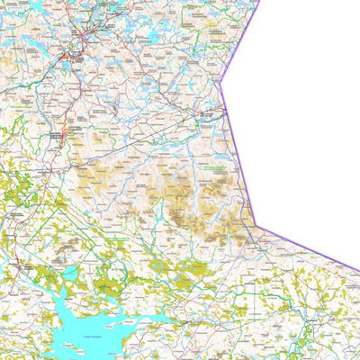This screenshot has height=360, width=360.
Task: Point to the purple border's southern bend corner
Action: pos(256,225)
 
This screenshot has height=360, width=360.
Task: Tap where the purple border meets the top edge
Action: pos(260,1)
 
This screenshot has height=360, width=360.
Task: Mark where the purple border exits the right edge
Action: pos(358,268)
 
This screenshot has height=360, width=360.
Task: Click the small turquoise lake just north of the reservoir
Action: pos(69,274)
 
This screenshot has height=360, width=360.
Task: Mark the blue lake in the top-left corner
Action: pos(36,7)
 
